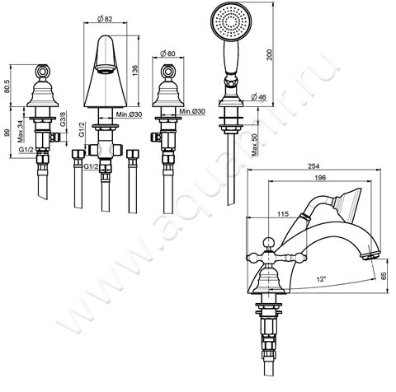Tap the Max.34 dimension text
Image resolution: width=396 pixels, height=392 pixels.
21,131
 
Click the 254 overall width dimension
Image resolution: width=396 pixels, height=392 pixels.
313,163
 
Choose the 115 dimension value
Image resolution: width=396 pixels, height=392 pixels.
285,216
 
